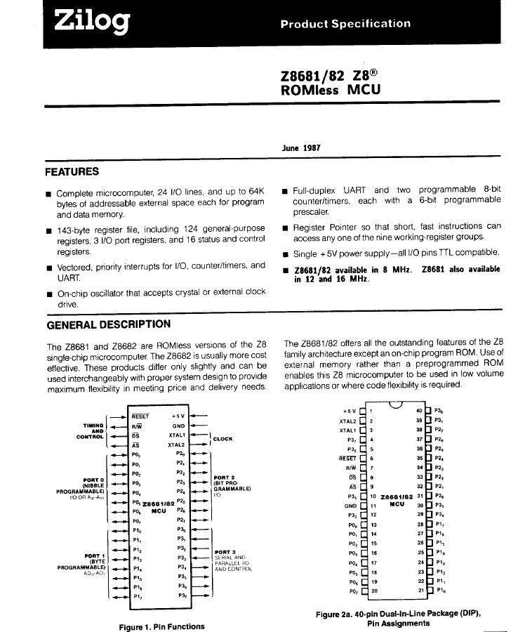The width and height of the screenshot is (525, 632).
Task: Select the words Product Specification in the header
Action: click(x=345, y=24)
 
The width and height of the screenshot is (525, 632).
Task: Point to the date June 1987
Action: click(x=301, y=148)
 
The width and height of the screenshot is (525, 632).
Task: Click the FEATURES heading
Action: click(x=72, y=172)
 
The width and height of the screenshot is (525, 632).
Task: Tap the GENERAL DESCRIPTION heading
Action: click(x=108, y=324)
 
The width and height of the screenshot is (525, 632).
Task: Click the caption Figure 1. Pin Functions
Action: click(x=162, y=626)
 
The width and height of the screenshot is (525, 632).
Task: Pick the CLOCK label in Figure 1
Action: click(x=222, y=440)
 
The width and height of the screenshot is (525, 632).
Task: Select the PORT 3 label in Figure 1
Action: click(x=225, y=552)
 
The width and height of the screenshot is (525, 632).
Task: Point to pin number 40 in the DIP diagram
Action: click(x=418, y=410)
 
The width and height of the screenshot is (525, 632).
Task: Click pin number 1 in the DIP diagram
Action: click(x=371, y=410)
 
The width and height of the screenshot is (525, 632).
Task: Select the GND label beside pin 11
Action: click(x=351, y=506)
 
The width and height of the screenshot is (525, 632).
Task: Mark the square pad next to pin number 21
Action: click(x=428, y=591)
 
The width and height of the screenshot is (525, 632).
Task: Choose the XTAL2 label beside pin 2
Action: click(x=348, y=420)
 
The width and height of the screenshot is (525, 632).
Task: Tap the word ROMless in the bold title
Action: click(x=309, y=90)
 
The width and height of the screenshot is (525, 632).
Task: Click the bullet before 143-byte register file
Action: click(x=48, y=230)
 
